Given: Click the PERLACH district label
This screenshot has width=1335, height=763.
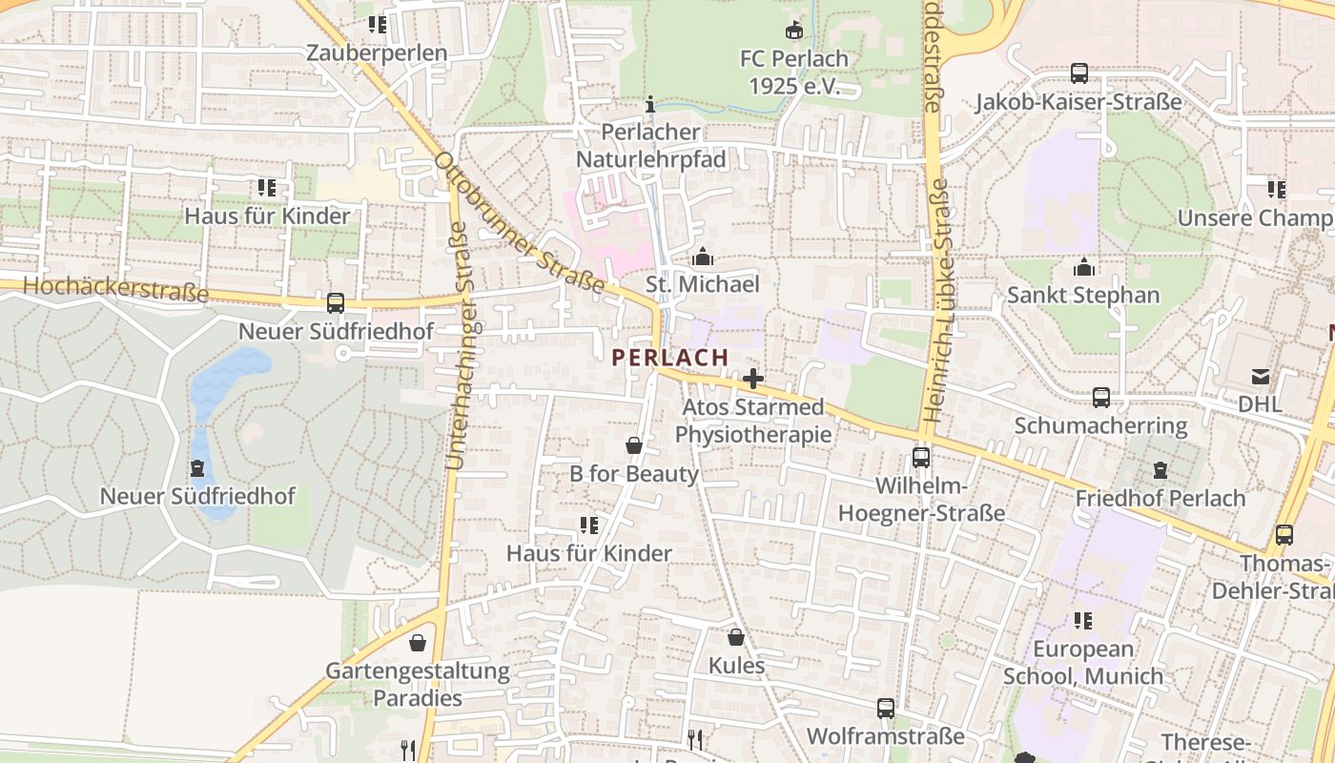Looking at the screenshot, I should (x=669, y=358).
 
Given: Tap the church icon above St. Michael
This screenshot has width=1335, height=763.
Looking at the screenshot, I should (x=703, y=257).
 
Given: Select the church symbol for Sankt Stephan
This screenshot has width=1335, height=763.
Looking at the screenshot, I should (x=1083, y=267).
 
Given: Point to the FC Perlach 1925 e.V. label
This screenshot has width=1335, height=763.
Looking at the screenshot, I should (x=793, y=72).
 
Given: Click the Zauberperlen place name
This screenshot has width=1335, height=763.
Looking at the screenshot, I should (x=377, y=53).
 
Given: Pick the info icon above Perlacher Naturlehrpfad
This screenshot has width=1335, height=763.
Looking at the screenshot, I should (x=651, y=104).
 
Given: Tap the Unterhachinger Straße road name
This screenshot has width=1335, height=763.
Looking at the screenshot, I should (x=456, y=345).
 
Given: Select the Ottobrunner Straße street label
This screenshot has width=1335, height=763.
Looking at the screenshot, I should (x=520, y=222).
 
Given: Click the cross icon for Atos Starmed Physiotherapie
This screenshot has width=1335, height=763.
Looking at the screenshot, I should (x=753, y=379).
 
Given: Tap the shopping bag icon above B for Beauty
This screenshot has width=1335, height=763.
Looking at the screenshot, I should (x=633, y=445).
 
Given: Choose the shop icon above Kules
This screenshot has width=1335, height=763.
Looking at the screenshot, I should (x=735, y=637).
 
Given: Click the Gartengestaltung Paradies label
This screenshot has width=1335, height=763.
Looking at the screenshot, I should (x=418, y=684).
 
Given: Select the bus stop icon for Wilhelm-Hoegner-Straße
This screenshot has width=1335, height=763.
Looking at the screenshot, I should (x=921, y=457).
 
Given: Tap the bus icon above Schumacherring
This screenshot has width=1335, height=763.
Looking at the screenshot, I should (x=1100, y=397).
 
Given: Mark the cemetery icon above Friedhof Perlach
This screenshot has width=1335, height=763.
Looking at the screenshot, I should (x=1160, y=470).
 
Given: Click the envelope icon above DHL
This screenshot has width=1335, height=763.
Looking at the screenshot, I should (x=1261, y=376).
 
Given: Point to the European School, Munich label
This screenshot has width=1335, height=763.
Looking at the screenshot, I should (x=1083, y=663).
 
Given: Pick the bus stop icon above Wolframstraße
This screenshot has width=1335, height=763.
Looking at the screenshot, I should (x=886, y=709).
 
